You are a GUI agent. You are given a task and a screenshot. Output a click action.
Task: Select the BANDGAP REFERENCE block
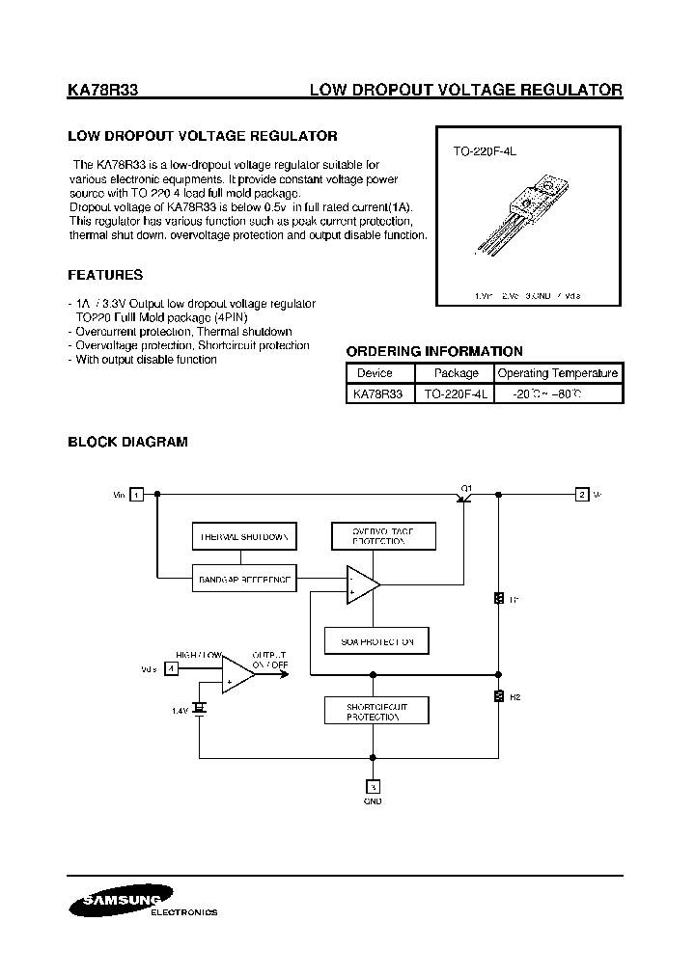[243, 579]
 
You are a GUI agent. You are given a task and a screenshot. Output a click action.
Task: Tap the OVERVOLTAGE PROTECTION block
[383, 537]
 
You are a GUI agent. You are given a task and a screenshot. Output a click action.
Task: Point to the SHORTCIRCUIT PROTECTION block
[377, 712]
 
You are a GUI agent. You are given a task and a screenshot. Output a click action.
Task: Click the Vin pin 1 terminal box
[137, 495]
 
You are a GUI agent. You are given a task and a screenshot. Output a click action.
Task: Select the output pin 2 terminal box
[581, 495]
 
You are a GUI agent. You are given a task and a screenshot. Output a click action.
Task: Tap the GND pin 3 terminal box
[373, 786]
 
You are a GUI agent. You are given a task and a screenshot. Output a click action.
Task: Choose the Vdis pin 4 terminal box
[171, 667]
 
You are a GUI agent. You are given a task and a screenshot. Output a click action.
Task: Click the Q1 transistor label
[466, 488]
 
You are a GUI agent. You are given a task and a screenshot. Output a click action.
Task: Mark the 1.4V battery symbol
[200, 709]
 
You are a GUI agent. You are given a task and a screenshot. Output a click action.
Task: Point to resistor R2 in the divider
[499, 695]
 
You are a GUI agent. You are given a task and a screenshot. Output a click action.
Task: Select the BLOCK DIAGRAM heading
[127, 442]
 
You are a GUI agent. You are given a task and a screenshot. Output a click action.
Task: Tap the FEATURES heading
[105, 275]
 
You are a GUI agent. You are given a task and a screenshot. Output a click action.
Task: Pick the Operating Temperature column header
[557, 373]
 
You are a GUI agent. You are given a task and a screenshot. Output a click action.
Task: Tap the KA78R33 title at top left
[103, 91]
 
